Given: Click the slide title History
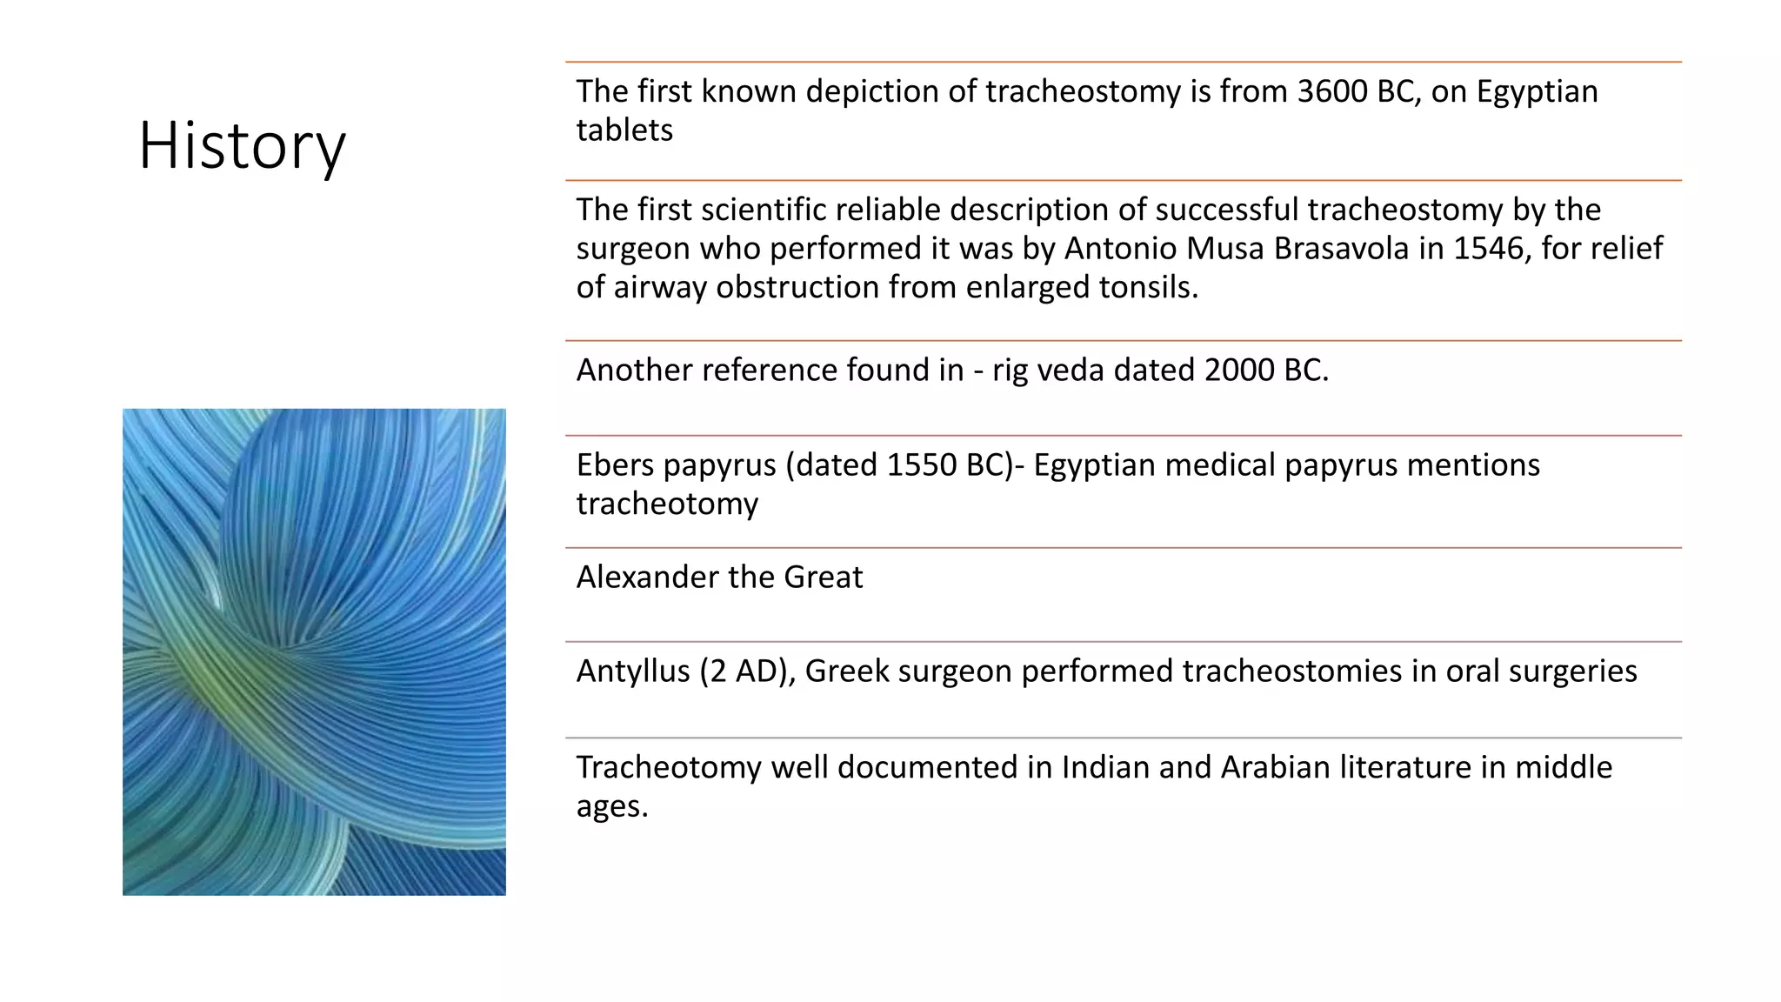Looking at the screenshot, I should click(x=242, y=145).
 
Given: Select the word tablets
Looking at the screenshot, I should click(x=624, y=130).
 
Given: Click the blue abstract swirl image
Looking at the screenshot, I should click(x=314, y=651).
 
